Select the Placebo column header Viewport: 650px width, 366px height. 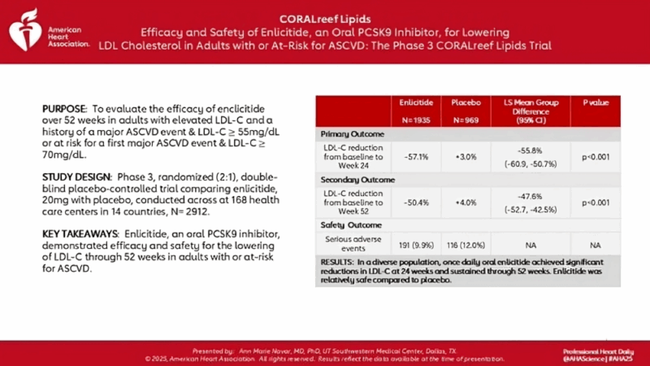466,103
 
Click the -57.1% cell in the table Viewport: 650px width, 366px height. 416,155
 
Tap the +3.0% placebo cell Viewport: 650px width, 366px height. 466,155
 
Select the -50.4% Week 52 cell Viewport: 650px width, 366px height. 416,202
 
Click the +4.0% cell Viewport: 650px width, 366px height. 466,202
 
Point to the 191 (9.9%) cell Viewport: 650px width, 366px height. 416,243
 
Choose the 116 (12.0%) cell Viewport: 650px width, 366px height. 466,243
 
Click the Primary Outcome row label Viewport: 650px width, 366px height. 353,131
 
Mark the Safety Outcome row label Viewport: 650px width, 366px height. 351,224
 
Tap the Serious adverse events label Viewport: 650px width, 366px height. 353,243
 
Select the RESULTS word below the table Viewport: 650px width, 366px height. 335,261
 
